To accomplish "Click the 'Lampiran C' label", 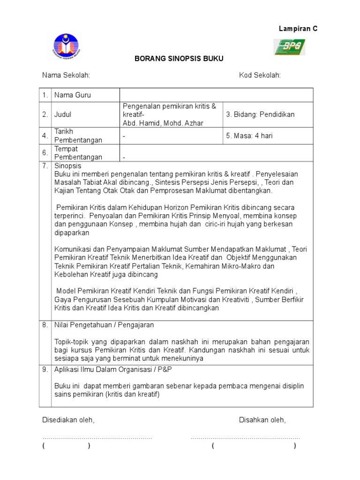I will coord(298,29).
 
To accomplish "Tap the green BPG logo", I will coord(290,47).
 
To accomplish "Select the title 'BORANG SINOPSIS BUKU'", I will coord(179,59).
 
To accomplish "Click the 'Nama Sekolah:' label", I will coord(66,75).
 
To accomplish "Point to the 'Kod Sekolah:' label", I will coord(260,75).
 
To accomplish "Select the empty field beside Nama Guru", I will coord(217,95).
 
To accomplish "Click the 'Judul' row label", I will coord(63,114).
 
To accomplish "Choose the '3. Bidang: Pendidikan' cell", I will coord(260,114).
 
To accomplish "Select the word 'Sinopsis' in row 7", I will coord(67,166).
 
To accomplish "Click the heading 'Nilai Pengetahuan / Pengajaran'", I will coord(104,325).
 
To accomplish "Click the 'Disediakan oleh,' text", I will coord(68,420).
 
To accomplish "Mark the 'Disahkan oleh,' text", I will coord(262,420).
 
